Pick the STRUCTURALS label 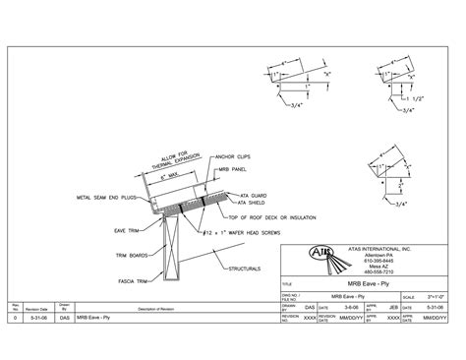tap(242, 267)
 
